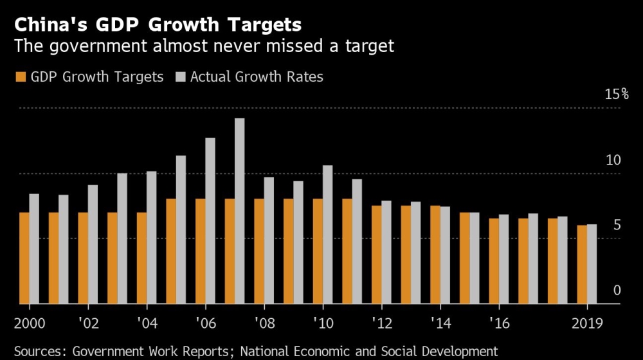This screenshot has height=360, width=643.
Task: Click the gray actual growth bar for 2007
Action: pos(239,211)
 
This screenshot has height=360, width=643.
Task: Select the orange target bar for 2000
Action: pos(24,257)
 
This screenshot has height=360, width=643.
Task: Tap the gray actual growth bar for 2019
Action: pos(592,264)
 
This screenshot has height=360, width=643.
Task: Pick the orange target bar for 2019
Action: pos(581,264)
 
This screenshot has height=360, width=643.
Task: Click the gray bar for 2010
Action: pos(327,235)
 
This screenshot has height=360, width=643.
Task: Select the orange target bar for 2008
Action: pos(258,251)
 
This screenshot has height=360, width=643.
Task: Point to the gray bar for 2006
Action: pos(210,221)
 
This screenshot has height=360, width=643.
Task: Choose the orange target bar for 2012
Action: pos(376,255)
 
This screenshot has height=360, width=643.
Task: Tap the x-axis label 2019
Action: pos(586,323)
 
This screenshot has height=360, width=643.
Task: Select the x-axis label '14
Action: pos(440,323)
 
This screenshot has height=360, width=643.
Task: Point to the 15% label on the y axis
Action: pos(616,94)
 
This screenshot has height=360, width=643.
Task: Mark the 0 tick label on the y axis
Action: pos(617,291)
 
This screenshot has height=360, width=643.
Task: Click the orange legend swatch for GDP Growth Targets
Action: pos(20,77)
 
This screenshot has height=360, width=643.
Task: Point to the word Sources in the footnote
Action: pos(39,351)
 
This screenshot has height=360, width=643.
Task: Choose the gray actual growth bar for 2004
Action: pos(151,237)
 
